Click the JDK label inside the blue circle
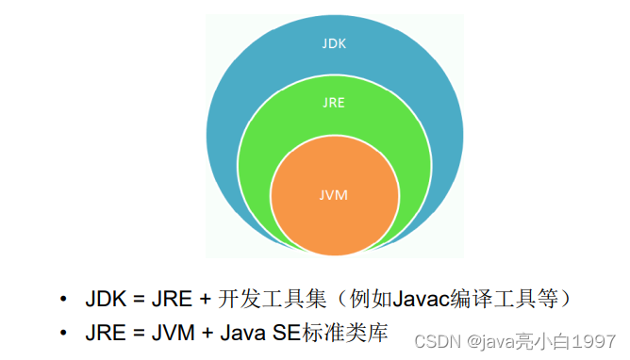click(x=334, y=42)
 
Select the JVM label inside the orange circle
click(x=334, y=195)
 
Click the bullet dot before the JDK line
click(x=63, y=300)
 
